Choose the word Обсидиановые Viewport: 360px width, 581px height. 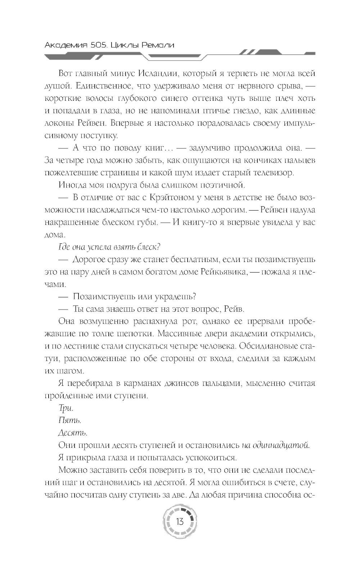tap(267, 346)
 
